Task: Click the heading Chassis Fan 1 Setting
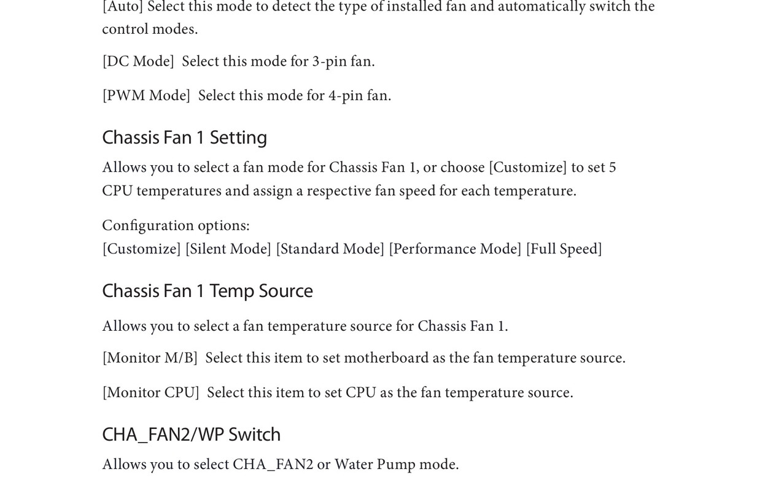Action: (184, 137)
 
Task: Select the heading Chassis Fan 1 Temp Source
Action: (207, 291)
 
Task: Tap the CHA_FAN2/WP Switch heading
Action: (191, 435)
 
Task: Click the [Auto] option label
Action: (122, 7)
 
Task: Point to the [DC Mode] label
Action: (138, 62)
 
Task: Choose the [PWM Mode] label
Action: (146, 96)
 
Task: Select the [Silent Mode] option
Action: (228, 249)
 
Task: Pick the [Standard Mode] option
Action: (330, 249)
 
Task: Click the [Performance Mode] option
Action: (455, 249)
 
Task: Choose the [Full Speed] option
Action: (564, 249)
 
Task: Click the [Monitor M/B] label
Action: (150, 358)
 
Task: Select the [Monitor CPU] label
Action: (150, 393)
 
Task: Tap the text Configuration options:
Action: (176, 226)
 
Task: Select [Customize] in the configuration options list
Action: (141, 249)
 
